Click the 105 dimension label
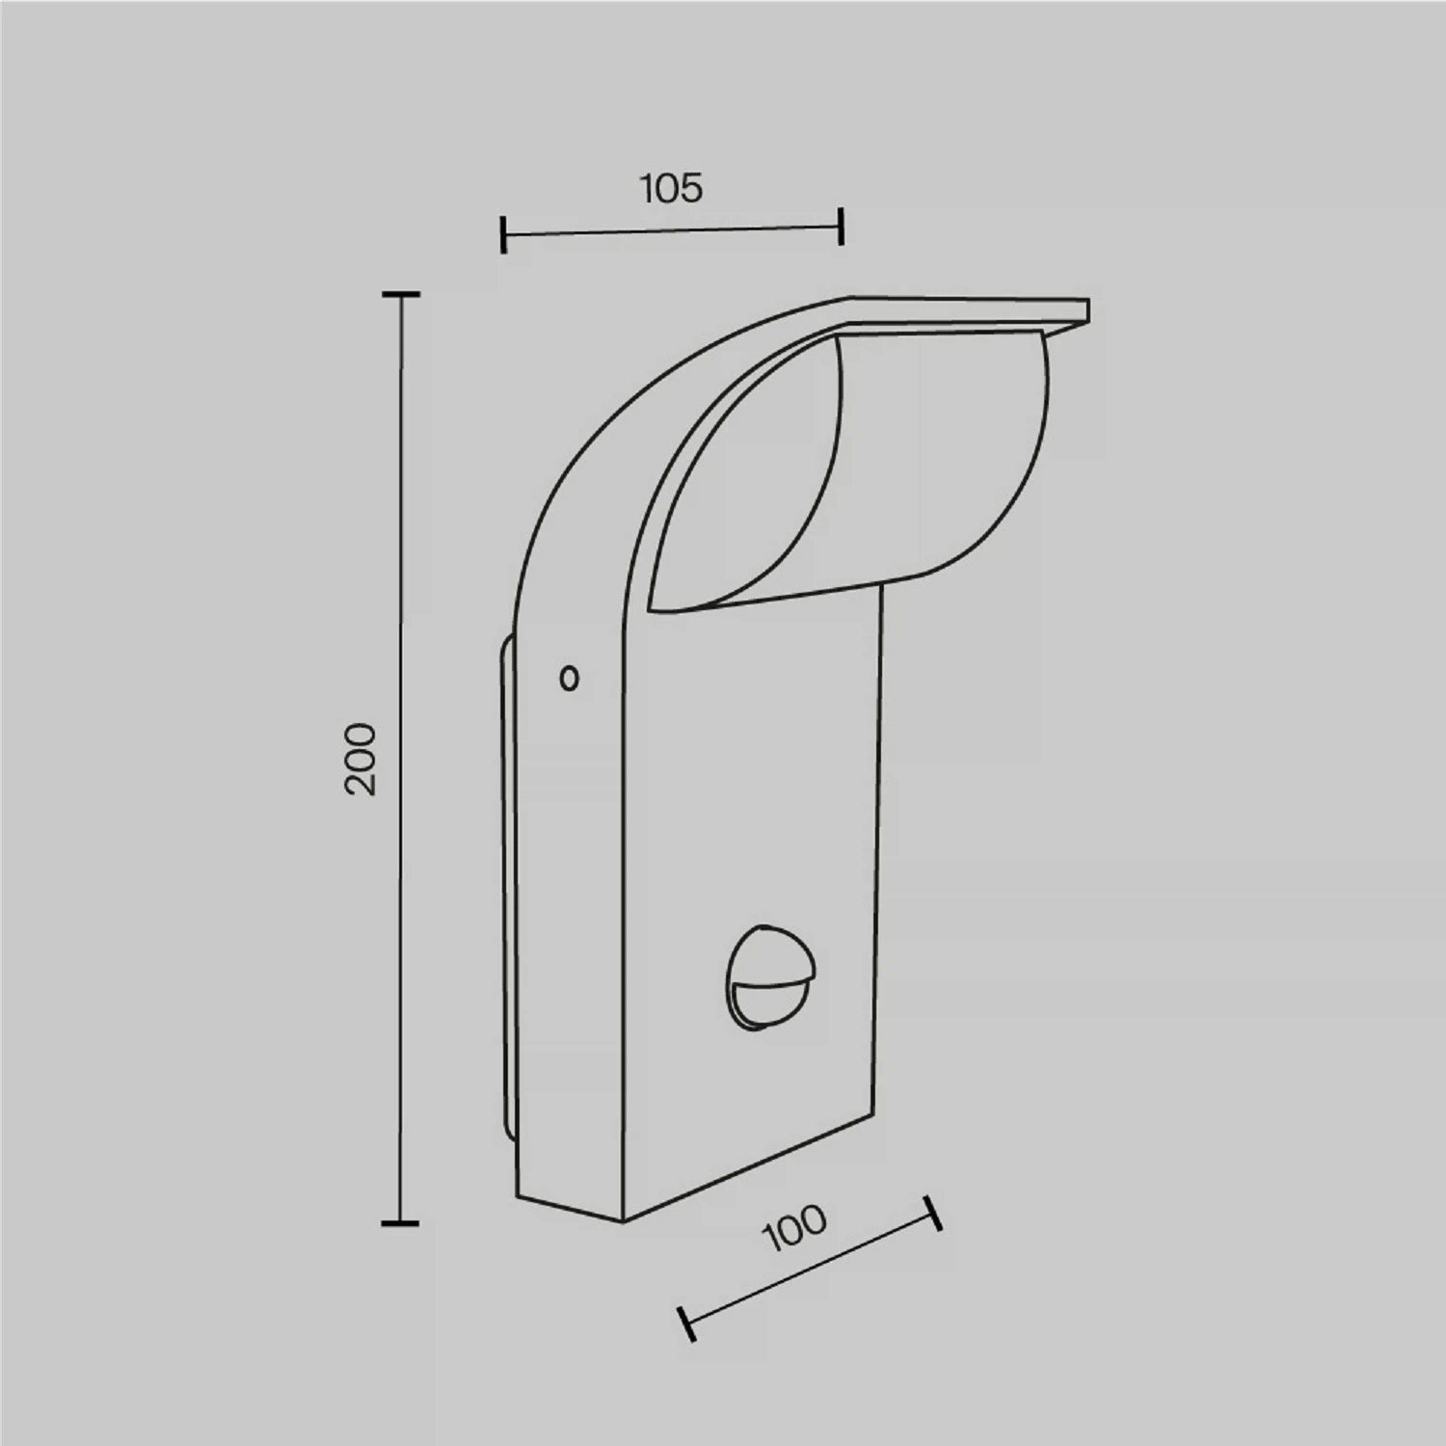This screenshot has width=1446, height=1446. point(672,188)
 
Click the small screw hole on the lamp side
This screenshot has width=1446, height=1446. point(570,679)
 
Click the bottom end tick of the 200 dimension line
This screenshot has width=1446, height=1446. point(401,1223)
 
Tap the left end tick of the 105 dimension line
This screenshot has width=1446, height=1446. point(503,235)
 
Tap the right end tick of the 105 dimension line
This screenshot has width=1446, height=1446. point(842,227)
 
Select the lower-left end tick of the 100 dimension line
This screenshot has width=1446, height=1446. point(686,1324)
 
